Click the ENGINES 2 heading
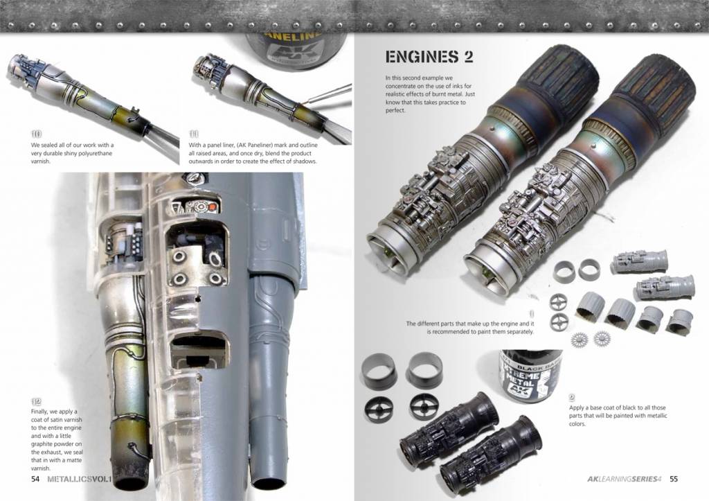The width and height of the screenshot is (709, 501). tap(429, 57)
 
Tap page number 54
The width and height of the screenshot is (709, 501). tap(35, 479)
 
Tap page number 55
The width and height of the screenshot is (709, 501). tap(674, 479)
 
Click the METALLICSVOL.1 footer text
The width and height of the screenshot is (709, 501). tap(80, 479)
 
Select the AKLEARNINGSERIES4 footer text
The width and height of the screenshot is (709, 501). tap(625, 479)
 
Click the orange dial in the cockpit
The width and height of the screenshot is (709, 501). tap(212, 206)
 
